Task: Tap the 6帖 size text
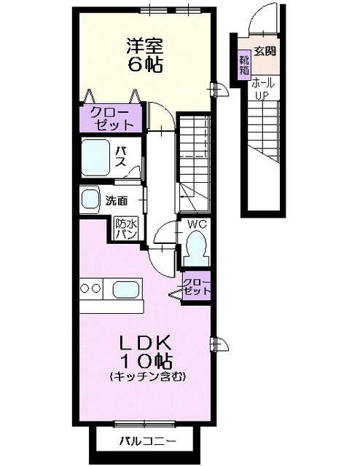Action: pos(144,64)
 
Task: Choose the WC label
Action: pos(198,225)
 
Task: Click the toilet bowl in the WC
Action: pos(197,246)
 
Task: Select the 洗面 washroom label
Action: pos(116,200)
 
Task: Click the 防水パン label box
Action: pos(125,231)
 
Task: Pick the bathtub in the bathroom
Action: pos(95,155)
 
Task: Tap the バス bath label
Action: pos(123,156)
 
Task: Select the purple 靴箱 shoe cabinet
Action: pos(244,64)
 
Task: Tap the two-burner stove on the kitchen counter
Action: pos(91,289)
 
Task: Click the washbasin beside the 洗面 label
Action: pos(90,199)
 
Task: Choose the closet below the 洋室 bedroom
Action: pos(111,118)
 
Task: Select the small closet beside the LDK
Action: pos(195,286)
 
